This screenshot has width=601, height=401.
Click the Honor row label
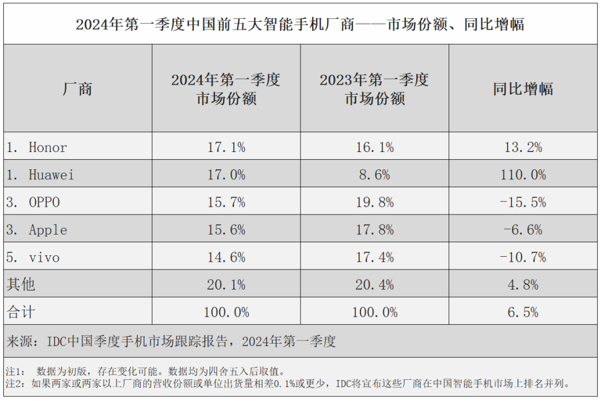[48, 147]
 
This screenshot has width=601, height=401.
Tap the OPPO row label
[44, 202]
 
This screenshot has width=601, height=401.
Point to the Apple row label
[48, 230]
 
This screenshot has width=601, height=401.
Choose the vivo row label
[44, 257]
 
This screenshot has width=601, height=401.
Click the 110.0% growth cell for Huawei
[523, 175]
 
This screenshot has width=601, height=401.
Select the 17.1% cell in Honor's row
[226, 147]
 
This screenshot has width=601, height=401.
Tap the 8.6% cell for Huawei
[375, 175]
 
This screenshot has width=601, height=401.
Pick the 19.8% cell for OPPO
[375, 202]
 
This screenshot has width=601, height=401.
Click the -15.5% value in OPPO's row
[523, 202]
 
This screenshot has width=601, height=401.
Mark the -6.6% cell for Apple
[523, 230]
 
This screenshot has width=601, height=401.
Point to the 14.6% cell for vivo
[226, 257]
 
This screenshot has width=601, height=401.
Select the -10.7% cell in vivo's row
[523, 257]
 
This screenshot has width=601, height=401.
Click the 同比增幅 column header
[523, 89]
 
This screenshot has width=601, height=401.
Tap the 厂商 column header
[77, 89]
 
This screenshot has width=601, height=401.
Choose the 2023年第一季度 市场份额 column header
[375, 89]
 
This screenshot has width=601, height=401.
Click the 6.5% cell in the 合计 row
[523, 312]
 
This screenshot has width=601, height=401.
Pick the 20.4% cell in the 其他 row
[375, 285]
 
